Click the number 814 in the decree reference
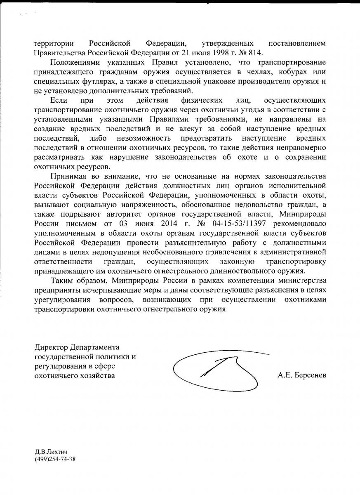pyautogui.click(x=255, y=53)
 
